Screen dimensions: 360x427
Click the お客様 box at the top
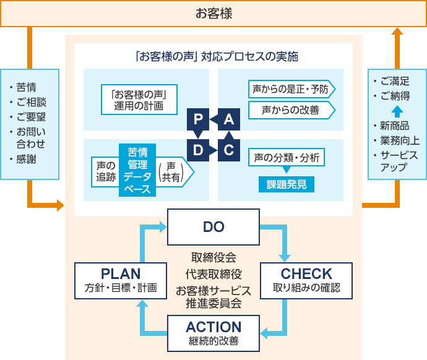(x=213, y=13)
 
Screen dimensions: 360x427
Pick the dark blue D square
(x=197, y=150)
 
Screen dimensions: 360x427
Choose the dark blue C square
(x=228, y=150)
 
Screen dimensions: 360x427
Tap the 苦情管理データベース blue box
(x=137, y=171)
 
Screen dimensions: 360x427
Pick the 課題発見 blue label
(x=286, y=184)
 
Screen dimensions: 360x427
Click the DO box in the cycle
(x=213, y=227)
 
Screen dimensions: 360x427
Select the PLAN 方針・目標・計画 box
(x=121, y=280)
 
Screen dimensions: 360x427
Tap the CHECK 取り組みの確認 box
(x=306, y=280)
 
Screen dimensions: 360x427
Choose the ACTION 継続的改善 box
(x=213, y=333)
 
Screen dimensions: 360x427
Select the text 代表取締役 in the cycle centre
(x=213, y=273)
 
